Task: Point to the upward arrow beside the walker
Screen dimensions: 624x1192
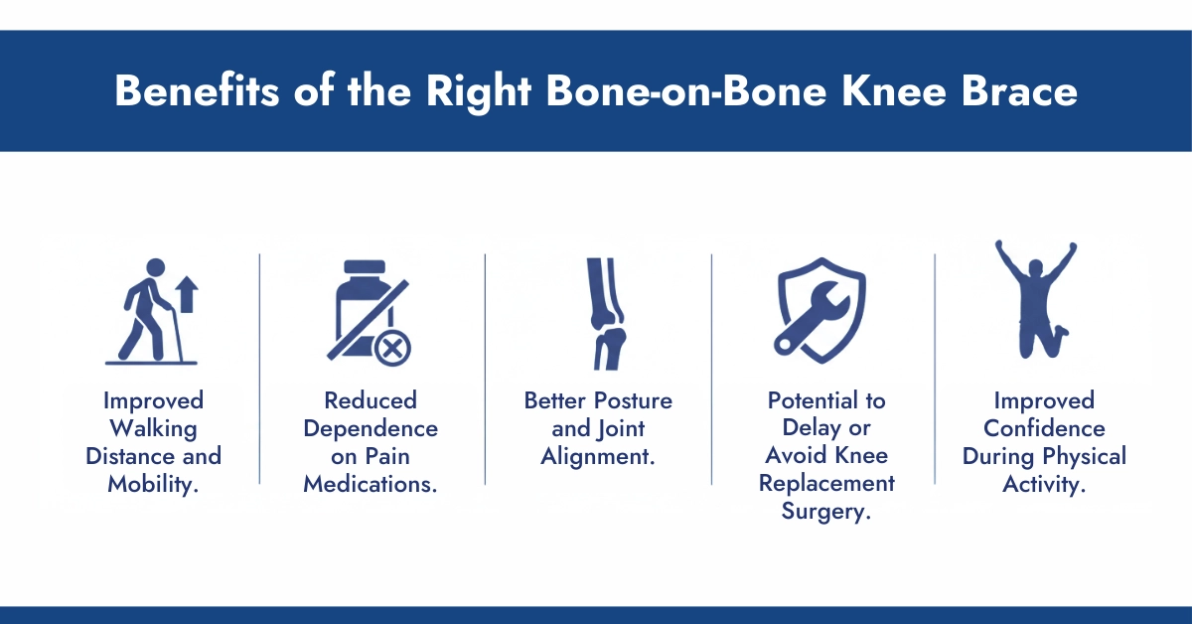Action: tap(186, 295)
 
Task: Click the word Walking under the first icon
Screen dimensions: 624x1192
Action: tap(153, 429)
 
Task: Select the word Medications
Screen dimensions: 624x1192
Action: tap(371, 485)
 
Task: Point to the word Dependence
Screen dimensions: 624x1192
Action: tap(371, 429)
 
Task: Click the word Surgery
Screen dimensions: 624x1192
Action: tap(827, 513)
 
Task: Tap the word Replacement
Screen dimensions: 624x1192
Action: tap(826, 485)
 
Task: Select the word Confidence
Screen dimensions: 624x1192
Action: tap(1044, 429)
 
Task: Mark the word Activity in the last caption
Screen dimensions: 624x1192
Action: tap(1044, 485)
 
